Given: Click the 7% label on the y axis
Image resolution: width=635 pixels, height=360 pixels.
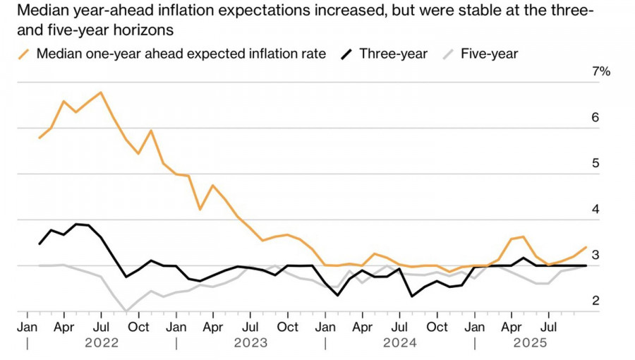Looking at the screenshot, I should (601, 71).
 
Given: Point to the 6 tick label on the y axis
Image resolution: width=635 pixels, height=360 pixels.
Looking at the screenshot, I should (595, 117).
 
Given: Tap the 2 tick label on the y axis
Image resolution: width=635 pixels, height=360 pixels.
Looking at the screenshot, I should (595, 301).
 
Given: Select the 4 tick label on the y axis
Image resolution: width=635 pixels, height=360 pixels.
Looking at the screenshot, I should (595, 210).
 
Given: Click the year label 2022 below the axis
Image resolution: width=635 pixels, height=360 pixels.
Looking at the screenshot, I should (102, 343).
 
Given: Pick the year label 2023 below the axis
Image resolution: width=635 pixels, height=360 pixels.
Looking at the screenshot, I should (250, 343).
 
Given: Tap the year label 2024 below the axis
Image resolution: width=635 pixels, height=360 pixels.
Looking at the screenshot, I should (400, 343).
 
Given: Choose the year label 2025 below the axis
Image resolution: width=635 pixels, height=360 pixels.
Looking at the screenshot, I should (530, 343).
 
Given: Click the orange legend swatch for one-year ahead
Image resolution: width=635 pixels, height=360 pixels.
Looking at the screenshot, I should (25, 54).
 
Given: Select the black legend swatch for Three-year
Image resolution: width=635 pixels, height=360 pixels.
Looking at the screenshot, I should (348, 54).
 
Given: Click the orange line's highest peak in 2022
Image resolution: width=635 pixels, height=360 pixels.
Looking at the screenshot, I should (102, 92).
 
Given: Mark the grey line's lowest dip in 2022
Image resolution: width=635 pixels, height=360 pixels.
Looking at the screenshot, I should (126, 311).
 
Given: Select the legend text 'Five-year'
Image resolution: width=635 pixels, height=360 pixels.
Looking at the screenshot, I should (489, 54).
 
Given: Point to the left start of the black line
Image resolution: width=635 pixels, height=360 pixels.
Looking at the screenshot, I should (40, 244).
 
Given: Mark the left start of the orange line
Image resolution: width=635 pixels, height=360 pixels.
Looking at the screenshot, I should (40, 138).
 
